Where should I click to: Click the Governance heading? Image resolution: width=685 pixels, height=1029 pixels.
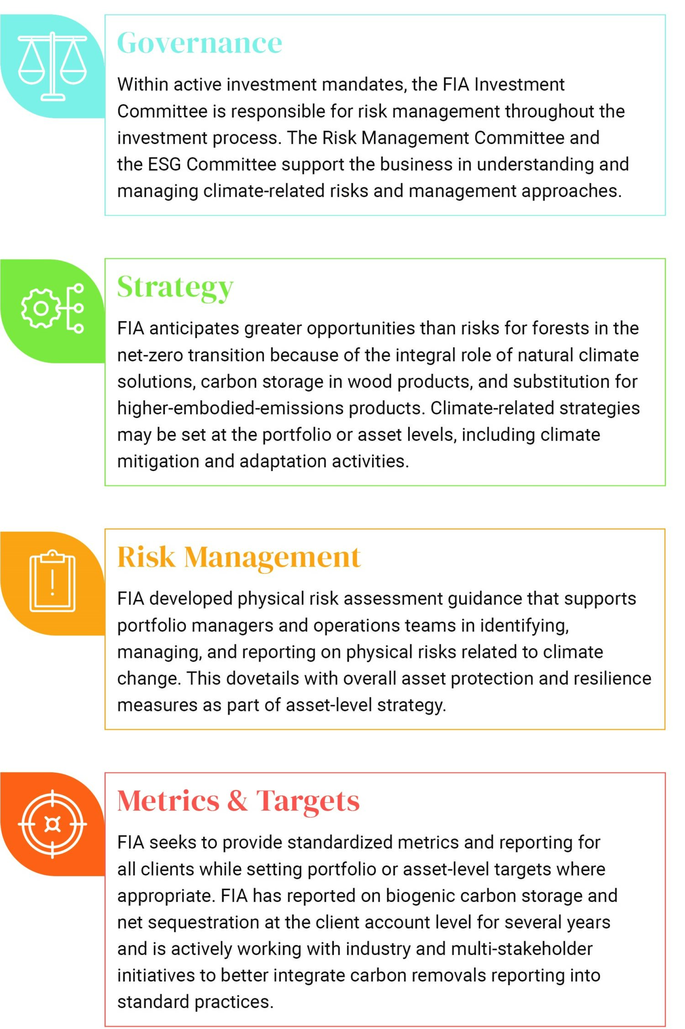coord(200,43)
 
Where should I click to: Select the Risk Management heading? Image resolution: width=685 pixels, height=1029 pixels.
coord(239,557)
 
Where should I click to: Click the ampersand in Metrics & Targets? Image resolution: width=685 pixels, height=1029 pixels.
coord(237,801)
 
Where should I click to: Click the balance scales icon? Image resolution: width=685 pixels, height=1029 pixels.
coord(53,66)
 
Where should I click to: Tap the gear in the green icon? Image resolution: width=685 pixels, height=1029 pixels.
coord(41,308)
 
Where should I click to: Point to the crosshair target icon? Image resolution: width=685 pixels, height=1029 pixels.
coord(53,824)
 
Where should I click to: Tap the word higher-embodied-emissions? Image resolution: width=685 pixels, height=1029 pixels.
coord(230,408)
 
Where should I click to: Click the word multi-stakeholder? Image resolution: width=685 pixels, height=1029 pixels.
coord(522,949)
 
